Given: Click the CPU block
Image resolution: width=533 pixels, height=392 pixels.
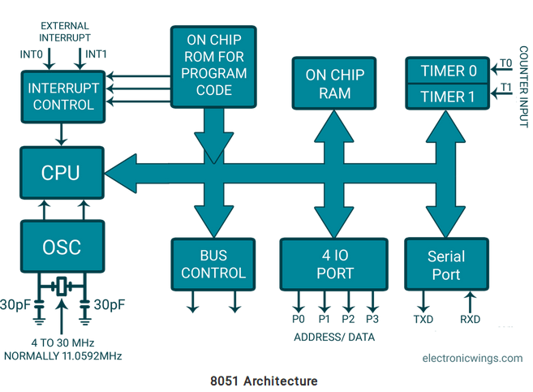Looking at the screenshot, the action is coord(62,173).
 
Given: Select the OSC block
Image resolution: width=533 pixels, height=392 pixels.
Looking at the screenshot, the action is coord(62,247).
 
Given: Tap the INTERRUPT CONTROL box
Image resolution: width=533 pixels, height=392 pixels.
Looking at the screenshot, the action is coord(63,97).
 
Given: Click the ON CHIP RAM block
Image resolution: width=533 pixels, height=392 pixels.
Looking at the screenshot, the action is coord(334,84).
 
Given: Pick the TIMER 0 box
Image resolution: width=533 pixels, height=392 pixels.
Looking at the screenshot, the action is coord(448,71).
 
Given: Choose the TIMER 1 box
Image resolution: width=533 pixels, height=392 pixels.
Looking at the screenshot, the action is coord(448,97).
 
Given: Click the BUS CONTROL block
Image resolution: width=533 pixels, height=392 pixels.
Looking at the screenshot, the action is coord(213,265).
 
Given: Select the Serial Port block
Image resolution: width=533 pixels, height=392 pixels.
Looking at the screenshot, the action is coord(447,265).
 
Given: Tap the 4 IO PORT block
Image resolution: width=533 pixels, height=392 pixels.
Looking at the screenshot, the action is coord(333,265).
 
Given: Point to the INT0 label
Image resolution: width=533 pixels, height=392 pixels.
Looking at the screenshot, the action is coord(32,54).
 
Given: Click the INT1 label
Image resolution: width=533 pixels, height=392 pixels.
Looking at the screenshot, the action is coord(96,54).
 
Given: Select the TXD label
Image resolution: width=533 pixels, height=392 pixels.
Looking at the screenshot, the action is coord(423,319).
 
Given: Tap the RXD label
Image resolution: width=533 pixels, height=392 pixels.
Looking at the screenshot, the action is coord(470,319).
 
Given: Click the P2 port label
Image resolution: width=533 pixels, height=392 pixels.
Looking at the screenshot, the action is coord(348,319).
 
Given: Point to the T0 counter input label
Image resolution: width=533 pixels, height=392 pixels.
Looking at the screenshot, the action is coord(505,63).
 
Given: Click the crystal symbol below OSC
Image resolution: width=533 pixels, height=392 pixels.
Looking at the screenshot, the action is coord(62,286).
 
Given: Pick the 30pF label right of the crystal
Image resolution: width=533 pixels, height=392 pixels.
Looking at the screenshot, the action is coord(110,304).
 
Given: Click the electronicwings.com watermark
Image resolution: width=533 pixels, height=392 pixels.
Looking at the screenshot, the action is coord(472,358).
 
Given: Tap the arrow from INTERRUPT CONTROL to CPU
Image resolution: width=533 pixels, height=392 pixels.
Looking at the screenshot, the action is coord(61,135).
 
